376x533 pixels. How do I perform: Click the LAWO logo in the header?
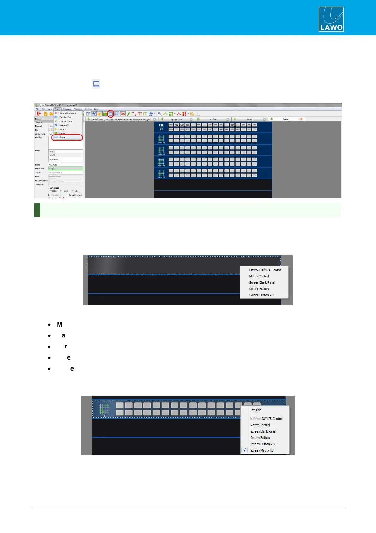(331, 19)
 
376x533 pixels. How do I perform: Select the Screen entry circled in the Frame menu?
(63, 137)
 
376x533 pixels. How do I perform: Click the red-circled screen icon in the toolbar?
(111, 114)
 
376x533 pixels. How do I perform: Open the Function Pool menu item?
(65, 117)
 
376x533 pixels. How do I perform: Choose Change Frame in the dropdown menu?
(66, 121)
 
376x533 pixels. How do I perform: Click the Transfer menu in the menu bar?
(78, 109)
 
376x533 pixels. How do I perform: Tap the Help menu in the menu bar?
(96, 109)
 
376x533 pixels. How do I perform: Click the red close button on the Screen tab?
(301, 119)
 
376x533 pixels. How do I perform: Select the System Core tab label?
(176, 120)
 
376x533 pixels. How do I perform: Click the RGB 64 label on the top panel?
(161, 127)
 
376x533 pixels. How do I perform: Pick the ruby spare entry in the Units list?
(53, 159)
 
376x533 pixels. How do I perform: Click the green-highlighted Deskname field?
(66, 169)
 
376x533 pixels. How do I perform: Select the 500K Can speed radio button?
(50, 191)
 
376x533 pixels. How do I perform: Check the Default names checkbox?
(67, 195)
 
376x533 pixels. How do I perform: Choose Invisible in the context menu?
(256, 410)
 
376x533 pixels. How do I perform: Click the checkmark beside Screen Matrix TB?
(245, 450)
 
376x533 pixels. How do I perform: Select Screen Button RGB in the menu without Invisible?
(262, 295)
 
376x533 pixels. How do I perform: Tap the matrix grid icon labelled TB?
(104, 409)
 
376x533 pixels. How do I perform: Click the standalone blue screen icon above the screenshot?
(96, 84)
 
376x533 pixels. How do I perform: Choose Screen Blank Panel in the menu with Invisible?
(263, 431)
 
